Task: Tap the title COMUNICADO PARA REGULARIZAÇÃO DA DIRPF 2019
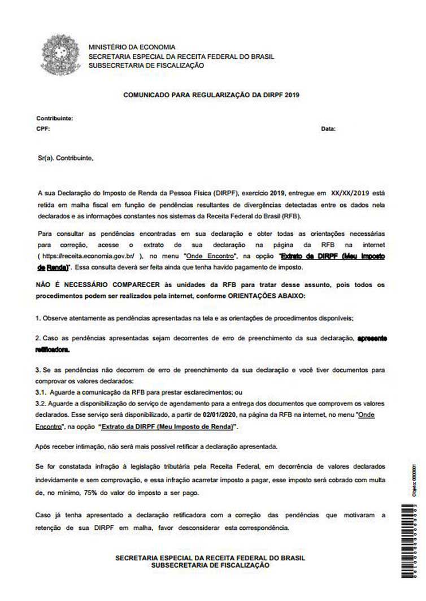211,96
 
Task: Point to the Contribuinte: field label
55,119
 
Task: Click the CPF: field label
43,128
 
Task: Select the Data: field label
328,129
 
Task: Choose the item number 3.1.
41,391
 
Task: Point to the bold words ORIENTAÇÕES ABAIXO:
264,295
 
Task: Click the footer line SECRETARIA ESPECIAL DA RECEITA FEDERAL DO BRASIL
211,557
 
